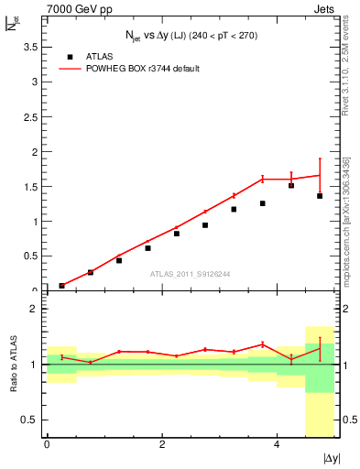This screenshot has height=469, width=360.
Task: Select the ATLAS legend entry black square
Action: [69, 58]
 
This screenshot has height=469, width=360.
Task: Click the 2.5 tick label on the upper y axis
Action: [31, 116]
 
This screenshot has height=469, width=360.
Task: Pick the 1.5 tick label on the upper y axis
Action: [31, 187]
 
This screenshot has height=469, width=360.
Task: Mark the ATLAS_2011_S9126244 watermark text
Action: [191, 273]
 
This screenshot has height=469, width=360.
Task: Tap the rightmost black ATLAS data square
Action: [320, 196]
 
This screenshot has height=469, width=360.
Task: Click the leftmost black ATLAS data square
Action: [61, 286]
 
